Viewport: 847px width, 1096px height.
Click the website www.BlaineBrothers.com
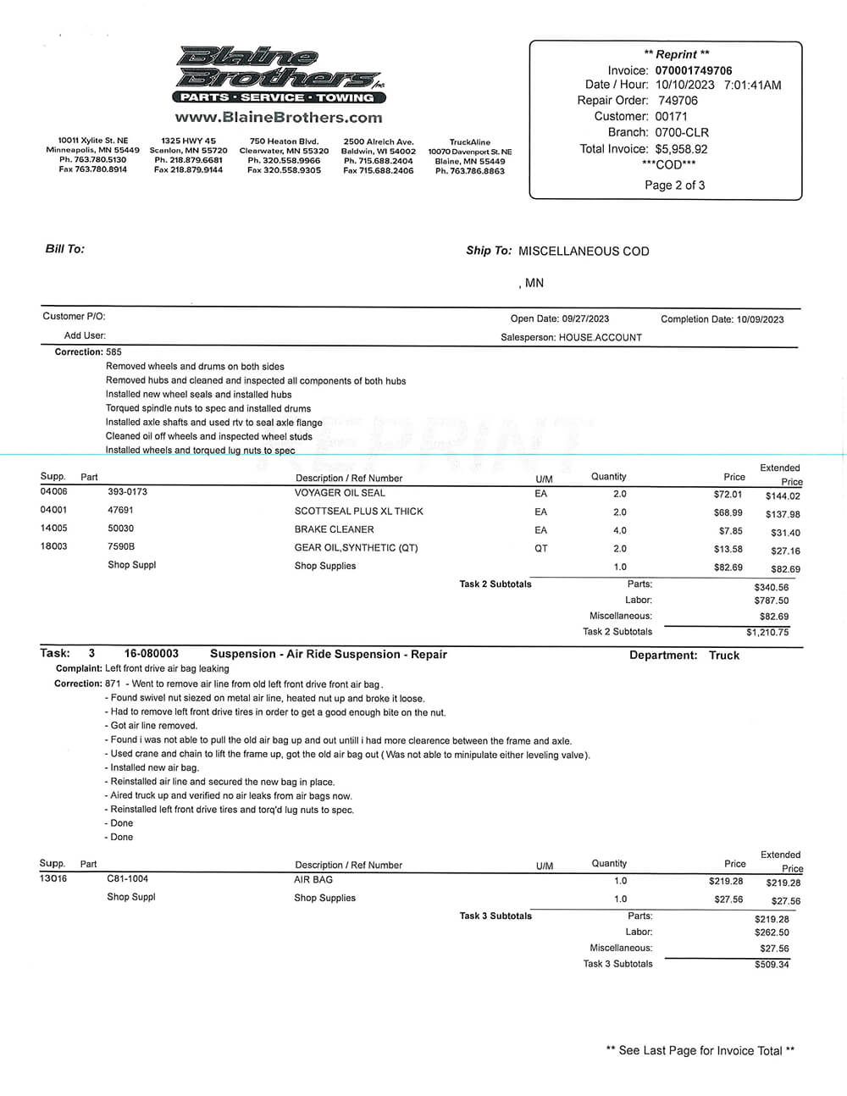[x=279, y=118]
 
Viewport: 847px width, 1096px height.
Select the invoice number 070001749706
[x=694, y=70]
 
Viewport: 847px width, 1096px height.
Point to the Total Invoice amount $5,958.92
[x=681, y=149]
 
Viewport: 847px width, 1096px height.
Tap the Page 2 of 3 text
[x=674, y=185]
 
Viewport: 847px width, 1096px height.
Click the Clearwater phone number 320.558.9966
[x=284, y=160]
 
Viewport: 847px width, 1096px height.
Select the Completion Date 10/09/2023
[x=760, y=319]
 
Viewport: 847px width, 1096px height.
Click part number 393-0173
[x=127, y=492]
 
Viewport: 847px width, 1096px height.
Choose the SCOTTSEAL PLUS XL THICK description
[x=358, y=512]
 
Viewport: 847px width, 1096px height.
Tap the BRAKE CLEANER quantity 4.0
[x=620, y=530]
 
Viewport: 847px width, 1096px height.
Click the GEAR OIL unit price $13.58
[x=728, y=549]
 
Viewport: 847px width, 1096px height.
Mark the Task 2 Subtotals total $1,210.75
[x=767, y=633]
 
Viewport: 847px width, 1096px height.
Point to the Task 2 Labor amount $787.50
[x=771, y=601]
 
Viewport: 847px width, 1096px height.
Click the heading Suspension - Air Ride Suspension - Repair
[x=328, y=654]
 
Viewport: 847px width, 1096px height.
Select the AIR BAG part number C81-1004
[x=127, y=879]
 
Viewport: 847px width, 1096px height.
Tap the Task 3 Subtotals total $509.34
[x=772, y=965]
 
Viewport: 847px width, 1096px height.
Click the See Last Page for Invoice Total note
[x=700, y=1050]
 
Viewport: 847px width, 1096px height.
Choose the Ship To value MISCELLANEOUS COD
[x=584, y=252]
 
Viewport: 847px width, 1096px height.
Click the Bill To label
[x=64, y=249]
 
